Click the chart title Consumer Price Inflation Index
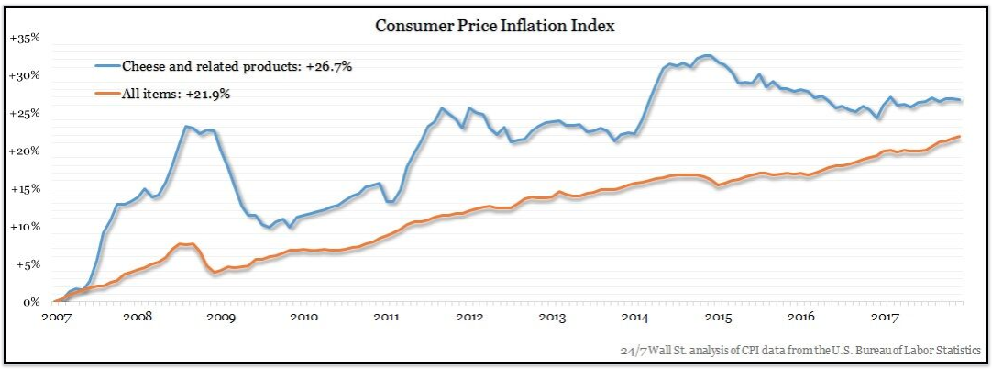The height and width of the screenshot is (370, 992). coord(495,26)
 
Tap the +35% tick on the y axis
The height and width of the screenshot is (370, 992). coord(24,39)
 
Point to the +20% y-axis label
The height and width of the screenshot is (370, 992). coord(24,151)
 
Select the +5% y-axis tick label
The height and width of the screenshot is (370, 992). coord(27,264)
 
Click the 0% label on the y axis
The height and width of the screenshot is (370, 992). coord(31,302)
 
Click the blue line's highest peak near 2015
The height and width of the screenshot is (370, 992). coord(706,56)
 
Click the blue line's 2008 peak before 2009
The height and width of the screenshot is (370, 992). coord(186,127)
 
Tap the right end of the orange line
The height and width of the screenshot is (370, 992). coord(960,137)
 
